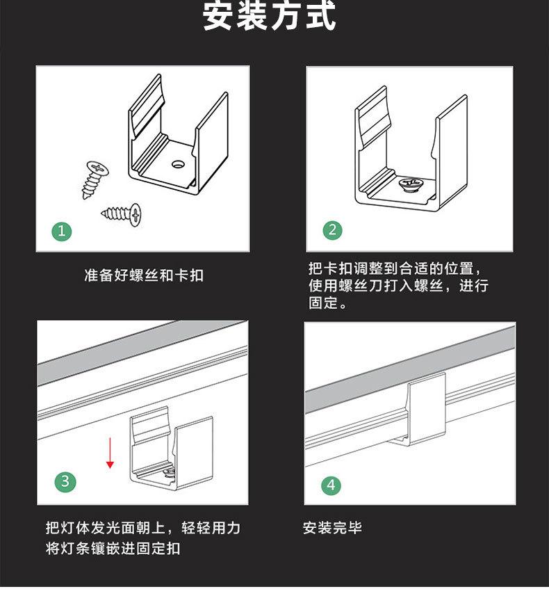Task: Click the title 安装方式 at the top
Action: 270,16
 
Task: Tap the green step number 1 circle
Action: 62,231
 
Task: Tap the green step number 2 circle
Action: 332,229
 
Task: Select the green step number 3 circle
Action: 65,481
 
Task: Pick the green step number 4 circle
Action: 331,485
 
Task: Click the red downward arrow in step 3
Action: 110,453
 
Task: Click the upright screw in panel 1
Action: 95,179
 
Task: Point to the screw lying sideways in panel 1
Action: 122,214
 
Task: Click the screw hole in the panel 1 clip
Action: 178,164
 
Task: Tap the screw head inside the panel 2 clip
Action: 409,184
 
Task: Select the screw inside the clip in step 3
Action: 169,472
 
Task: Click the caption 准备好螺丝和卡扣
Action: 144,275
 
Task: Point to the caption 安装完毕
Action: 332,528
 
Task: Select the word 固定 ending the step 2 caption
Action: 323,303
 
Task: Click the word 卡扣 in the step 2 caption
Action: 338,268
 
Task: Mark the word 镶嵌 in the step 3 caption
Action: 105,548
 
